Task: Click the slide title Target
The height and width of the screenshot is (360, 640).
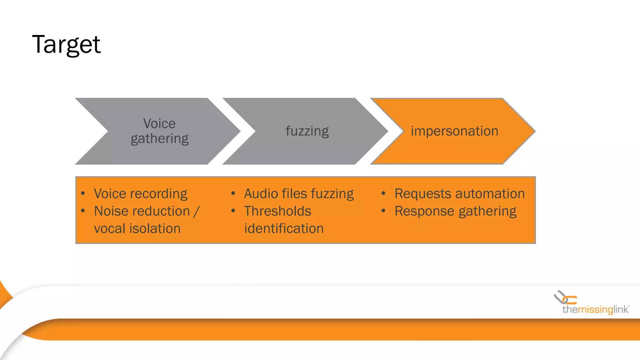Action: point(66,45)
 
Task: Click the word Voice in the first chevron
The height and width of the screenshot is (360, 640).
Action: point(159,124)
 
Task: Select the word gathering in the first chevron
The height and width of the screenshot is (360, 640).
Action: point(159,138)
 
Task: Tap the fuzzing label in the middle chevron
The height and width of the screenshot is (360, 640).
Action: point(307,131)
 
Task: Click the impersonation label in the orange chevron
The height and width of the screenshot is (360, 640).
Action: point(454,131)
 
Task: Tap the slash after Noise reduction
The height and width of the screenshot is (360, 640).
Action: point(196,212)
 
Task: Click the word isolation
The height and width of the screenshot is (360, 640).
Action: point(155,229)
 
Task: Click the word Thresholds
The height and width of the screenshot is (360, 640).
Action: point(277,211)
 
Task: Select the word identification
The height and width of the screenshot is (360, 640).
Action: point(284,229)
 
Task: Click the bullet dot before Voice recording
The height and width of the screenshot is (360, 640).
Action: point(83,193)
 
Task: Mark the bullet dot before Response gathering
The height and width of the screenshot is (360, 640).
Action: point(383,211)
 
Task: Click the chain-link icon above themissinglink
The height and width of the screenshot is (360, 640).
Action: point(565,298)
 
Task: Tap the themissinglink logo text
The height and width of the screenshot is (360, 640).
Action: point(595,310)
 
